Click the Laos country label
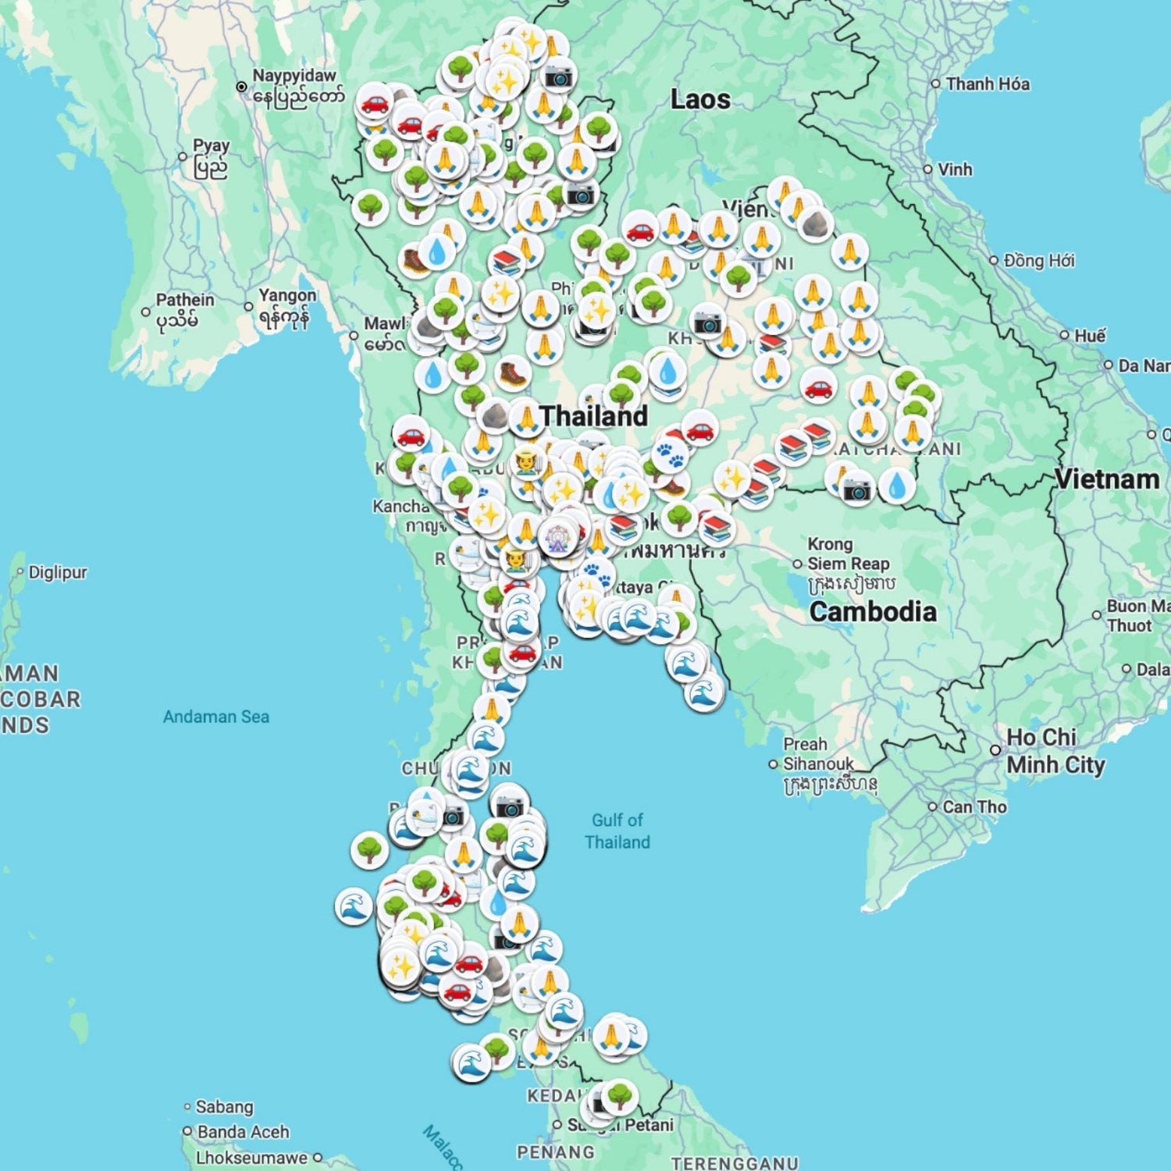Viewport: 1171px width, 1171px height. [700, 100]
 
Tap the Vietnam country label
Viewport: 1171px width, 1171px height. [1106, 479]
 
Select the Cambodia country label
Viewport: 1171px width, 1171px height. [873, 611]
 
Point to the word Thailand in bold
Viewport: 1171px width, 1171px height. [593, 416]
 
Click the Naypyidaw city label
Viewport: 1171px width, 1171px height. [294, 77]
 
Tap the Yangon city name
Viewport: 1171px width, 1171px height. [287, 296]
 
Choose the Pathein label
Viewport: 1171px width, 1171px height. [184, 300]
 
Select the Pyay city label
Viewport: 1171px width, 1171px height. [211, 146]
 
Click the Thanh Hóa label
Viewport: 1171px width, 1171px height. [987, 84]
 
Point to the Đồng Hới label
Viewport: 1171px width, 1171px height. [1038, 260]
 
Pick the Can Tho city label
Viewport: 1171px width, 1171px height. [974, 806]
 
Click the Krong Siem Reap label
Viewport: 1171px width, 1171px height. [848, 553]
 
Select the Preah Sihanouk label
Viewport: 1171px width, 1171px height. [818, 754]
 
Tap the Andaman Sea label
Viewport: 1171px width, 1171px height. [216, 717]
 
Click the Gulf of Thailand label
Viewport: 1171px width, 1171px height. [618, 831]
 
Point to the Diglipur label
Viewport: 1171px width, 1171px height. [58, 572]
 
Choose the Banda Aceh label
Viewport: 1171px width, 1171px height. [243, 1131]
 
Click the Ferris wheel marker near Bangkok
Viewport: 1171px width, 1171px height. [557, 537]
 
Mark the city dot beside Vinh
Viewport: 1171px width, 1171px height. [928, 169]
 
